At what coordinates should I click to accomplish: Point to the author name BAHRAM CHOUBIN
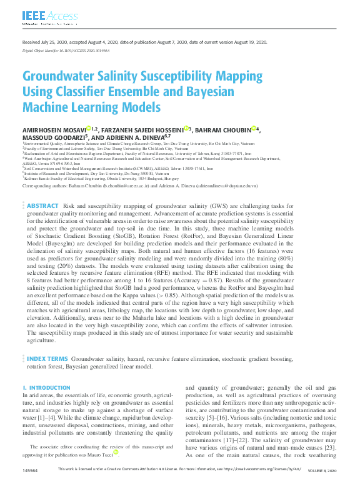click(224, 130)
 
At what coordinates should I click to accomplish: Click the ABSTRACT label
click(43, 205)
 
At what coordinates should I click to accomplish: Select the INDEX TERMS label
click(47, 359)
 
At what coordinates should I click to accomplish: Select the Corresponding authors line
click(140, 186)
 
